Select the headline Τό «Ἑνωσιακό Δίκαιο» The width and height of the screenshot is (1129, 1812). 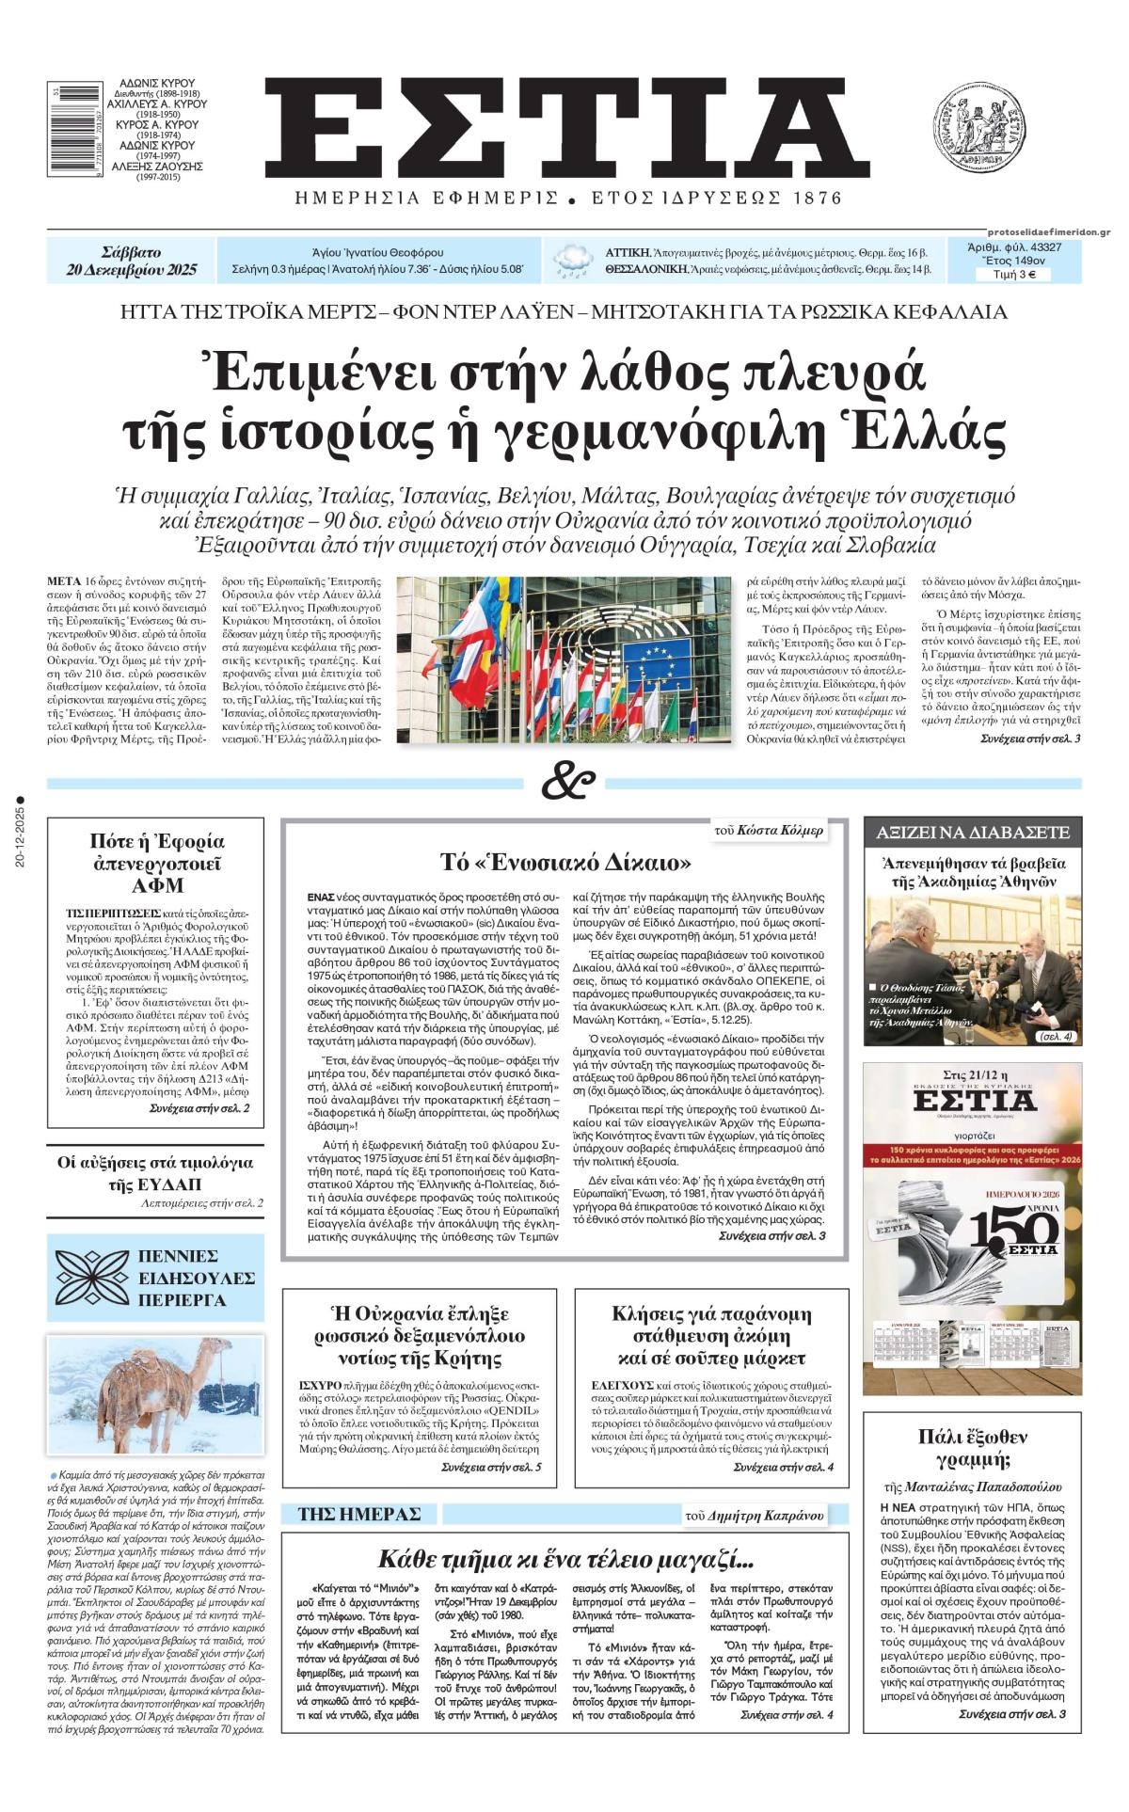[566, 862]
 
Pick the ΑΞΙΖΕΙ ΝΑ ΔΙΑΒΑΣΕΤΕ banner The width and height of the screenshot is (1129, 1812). [973, 832]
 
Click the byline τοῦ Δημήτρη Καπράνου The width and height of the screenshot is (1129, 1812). [755, 1515]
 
